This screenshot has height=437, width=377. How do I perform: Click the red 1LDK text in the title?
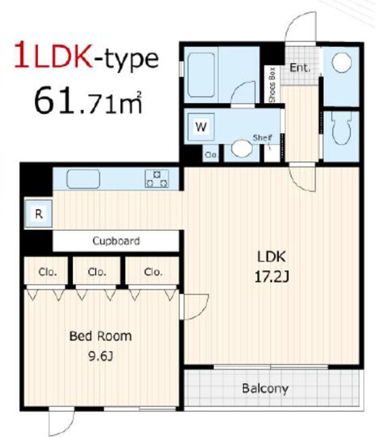click(x=53, y=55)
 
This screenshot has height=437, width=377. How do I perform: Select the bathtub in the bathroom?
click(x=201, y=75)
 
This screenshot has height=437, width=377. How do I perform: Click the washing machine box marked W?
click(x=201, y=127)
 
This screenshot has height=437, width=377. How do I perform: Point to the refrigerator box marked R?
click(x=38, y=214)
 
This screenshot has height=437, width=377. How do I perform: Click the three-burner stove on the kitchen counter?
click(x=157, y=179)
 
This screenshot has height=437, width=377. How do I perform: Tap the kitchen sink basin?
click(x=83, y=179)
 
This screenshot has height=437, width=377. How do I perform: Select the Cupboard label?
click(x=116, y=241)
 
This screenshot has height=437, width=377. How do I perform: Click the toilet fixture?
click(x=342, y=128)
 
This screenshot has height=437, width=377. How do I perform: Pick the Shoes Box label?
click(x=272, y=85)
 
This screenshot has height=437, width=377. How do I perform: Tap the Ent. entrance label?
click(x=300, y=68)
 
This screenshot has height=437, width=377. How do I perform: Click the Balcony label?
click(x=265, y=389)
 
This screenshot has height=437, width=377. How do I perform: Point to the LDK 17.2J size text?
click(x=271, y=266)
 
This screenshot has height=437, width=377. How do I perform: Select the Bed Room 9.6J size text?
click(x=100, y=346)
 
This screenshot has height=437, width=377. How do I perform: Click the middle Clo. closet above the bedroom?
click(x=97, y=272)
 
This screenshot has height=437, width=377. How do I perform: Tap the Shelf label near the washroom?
click(x=262, y=137)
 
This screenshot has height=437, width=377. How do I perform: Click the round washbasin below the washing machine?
click(x=241, y=147)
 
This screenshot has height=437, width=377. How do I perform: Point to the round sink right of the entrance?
click(x=342, y=62)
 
